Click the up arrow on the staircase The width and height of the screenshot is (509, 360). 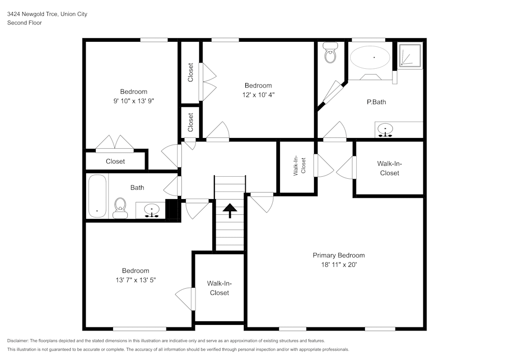pos(230,210)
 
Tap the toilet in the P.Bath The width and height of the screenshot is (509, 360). pos(331,53)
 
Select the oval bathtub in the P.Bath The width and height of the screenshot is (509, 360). pos(370,58)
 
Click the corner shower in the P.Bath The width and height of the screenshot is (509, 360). pos(410,56)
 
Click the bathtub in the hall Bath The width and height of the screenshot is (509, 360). pos(97,196)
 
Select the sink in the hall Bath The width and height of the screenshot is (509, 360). pos(151,210)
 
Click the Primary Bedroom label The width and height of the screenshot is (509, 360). pos(338,255)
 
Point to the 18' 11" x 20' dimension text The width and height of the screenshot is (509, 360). pos(338,264)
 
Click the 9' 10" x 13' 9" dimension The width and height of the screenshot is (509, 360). pos(133,101)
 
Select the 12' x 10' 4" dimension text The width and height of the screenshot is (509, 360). pos(258,95)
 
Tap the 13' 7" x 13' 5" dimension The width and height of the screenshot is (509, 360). pos(135,280)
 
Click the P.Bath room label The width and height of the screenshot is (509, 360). pos(376,102)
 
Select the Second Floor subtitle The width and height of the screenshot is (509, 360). pos(24,23)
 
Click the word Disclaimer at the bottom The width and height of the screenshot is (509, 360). pos(18,341)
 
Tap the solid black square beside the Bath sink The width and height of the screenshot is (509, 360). pos(173,209)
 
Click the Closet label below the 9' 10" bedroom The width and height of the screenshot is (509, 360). pos(115,161)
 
